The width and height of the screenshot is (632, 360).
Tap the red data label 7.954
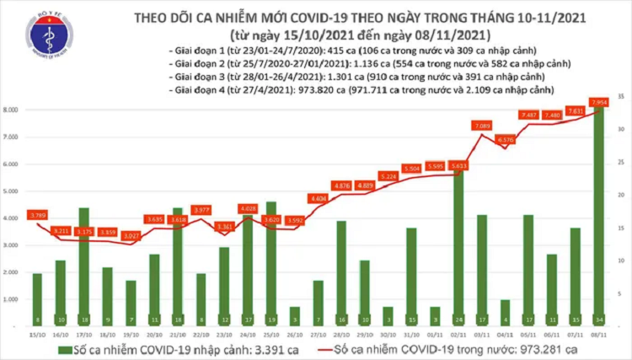600,103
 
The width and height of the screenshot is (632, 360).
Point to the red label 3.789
36,215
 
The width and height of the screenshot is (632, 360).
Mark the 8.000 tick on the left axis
13,110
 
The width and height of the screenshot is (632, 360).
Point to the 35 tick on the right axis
620,98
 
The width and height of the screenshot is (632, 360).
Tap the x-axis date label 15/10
36,335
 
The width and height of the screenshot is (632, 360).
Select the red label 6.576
506,140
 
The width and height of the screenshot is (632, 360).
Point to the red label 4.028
247,208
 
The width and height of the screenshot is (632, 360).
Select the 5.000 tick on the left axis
13,191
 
